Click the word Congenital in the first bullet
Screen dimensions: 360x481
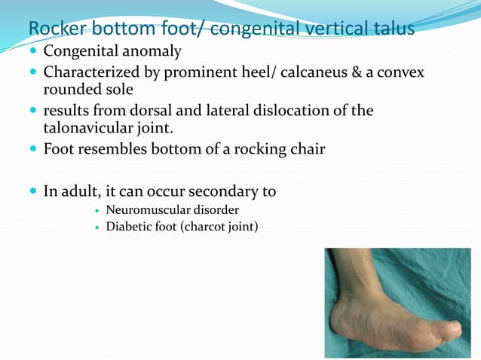[79, 52]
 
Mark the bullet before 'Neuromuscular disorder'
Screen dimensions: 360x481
[97, 210]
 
